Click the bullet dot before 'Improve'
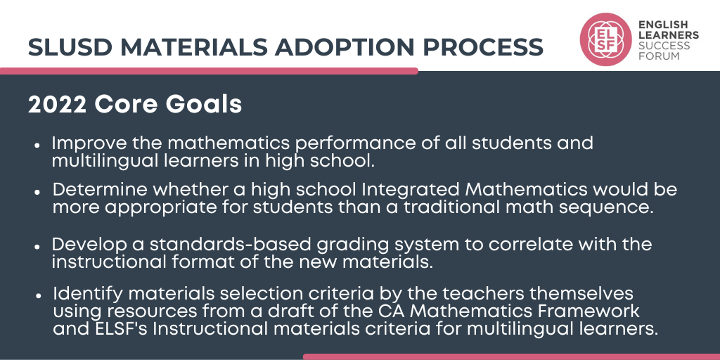[x=37, y=144]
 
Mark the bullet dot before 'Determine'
[x=37, y=191]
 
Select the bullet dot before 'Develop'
[x=37, y=246]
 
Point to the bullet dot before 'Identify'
[x=37, y=294]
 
